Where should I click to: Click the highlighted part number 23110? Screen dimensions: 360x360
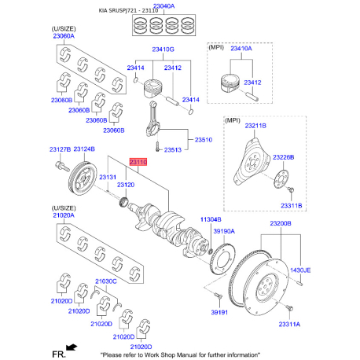pyautogui.click(x=138, y=160)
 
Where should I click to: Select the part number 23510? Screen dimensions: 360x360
pyautogui.click(x=204, y=139)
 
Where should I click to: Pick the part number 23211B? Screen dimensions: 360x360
pyautogui.click(x=255, y=125)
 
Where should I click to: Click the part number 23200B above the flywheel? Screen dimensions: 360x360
pyautogui.click(x=281, y=224)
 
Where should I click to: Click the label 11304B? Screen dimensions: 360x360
pyautogui.click(x=211, y=220)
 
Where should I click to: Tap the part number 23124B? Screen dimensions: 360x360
pyautogui.click(x=83, y=149)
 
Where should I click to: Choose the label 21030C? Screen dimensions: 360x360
pyautogui.click(x=105, y=281)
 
